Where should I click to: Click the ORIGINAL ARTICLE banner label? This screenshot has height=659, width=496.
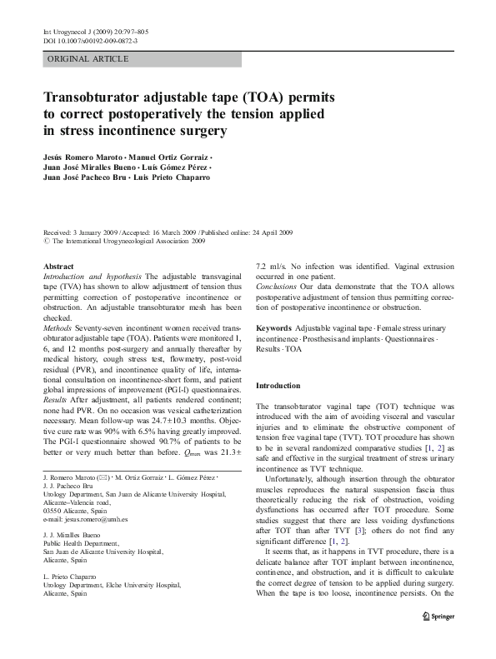pyautogui.click(x=88, y=59)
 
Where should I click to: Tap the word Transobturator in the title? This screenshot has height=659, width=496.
pyautogui.click(x=99, y=95)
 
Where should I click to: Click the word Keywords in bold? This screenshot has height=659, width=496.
pyautogui.click(x=274, y=330)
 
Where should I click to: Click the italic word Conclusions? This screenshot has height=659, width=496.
pyautogui.click(x=278, y=285)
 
